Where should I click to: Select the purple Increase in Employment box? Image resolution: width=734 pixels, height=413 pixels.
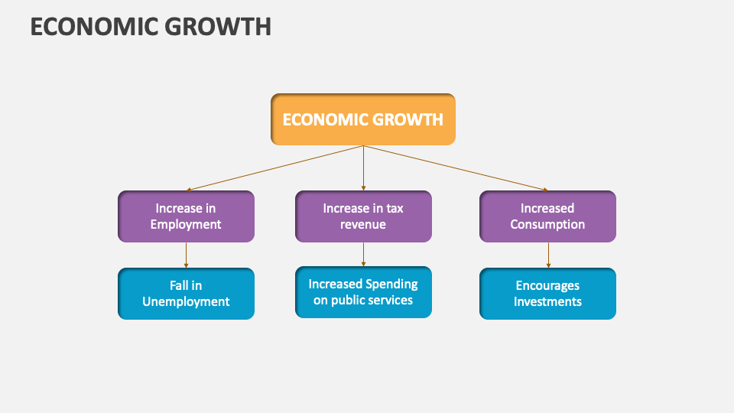[x=186, y=216]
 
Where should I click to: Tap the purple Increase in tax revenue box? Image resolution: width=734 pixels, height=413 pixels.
[x=363, y=216]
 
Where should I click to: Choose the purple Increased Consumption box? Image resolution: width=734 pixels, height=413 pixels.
[x=547, y=216]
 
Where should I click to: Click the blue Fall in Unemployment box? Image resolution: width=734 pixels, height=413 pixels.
[x=186, y=294]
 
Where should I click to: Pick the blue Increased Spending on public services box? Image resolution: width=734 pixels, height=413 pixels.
[x=363, y=292]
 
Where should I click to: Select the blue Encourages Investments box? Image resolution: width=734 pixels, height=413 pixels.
[x=547, y=294]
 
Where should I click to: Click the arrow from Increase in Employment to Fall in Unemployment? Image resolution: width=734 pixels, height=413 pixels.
[x=186, y=255]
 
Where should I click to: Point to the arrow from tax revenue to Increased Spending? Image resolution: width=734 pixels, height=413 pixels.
[x=363, y=254]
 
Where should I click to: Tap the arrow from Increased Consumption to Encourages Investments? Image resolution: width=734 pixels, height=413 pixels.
[x=548, y=255]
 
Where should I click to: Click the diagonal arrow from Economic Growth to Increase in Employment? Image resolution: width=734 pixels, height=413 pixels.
[x=275, y=167]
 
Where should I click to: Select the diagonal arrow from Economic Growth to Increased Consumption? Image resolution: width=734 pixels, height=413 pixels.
[x=455, y=167]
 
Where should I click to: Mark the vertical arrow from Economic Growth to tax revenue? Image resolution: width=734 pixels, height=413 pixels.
[x=363, y=168]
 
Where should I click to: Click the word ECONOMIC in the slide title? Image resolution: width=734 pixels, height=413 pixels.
[x=93, y=27]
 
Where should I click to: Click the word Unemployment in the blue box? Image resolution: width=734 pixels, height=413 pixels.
[x=186, y=302]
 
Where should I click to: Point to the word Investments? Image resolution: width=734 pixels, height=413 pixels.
[x=547, y=302]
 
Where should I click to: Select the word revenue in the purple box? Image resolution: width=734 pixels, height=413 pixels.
[x=363, y=225]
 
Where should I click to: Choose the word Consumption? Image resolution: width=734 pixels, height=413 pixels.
[x=547, y=225]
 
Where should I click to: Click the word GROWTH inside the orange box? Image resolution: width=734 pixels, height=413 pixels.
[x=408, y=120]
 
